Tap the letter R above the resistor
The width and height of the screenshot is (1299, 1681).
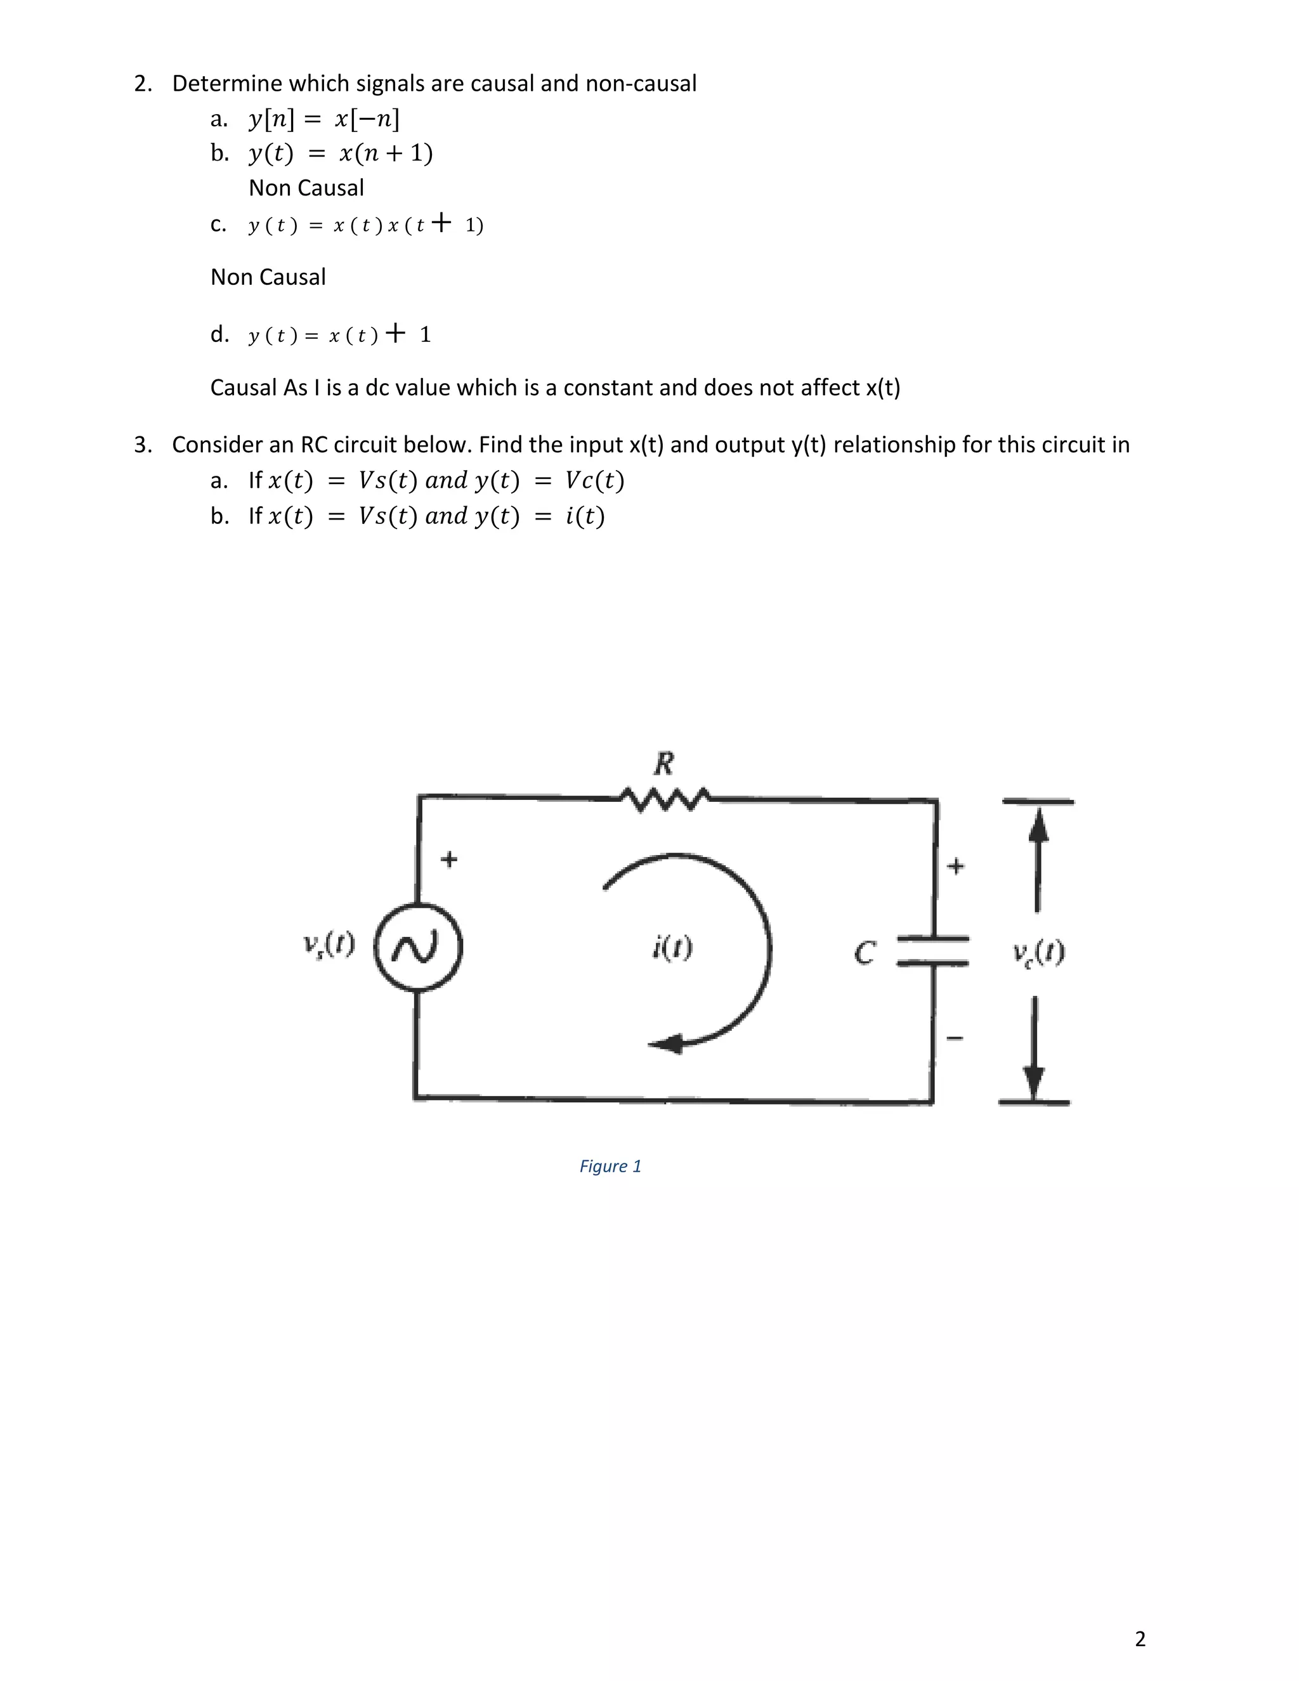pyautogui.click(x=663, y=764)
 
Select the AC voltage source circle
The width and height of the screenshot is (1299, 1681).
pyautogui.click(x=417, y=948)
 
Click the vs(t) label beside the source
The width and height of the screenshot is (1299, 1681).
pyautogui.click(x=329, y=944)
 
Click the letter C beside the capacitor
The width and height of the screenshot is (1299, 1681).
pyautogui.click(x=865, y=953)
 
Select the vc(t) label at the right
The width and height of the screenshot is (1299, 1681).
pyautogui.click(x=1039, y=953)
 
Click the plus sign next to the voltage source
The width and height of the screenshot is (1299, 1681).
pyautogui.click(x=448, y=858)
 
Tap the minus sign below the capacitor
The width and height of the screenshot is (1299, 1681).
pyautogui.click(x=954, y=1038)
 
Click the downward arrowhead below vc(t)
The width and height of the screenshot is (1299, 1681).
pyautogui.click(x=1035, y=1082)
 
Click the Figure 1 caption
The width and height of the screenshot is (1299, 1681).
pyautogui.click(x=610, y=1166)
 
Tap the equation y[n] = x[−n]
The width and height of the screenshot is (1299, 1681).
pyautogui.click(x=324, y=119)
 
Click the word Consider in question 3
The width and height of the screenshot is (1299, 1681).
pyautogui.click(x=217, y=445)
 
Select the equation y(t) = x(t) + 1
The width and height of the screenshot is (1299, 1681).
pyautogui.click(x=339, y=335)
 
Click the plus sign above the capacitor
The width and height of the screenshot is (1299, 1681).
pyautogui.click(x=955, y=866)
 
